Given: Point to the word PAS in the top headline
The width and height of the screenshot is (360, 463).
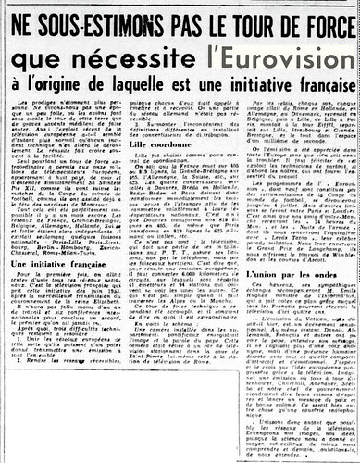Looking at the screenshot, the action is coord(174,17).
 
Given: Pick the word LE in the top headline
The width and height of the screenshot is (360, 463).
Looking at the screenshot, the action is coord(210,17).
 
